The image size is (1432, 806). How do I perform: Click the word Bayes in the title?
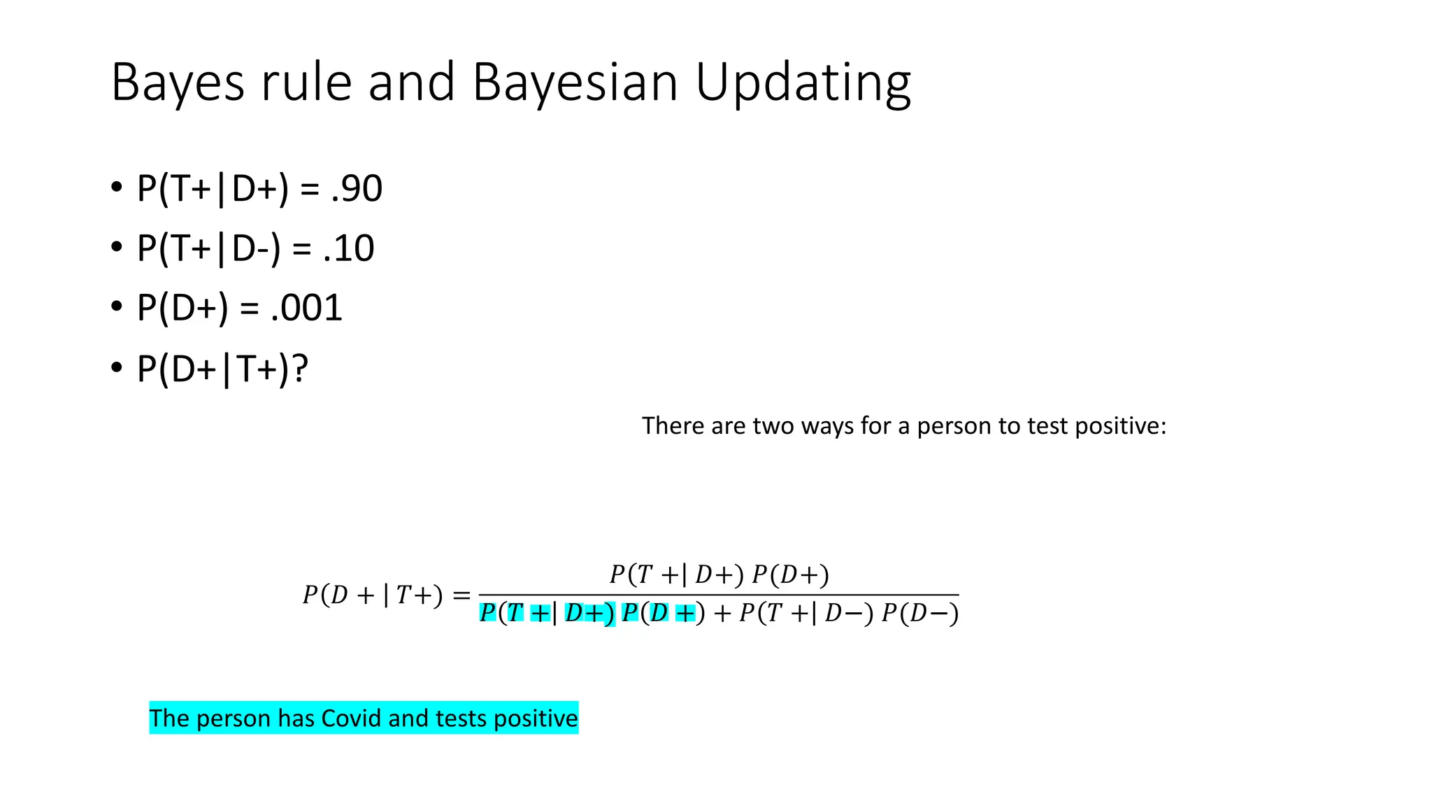[x=178, y=83]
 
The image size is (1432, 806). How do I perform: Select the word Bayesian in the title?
[x=575, y=83]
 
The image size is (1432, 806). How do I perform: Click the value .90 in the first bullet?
[x=357, y=188]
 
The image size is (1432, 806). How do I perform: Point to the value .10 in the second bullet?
[x=349, y=248]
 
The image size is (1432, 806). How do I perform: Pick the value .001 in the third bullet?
[x=307, y=308]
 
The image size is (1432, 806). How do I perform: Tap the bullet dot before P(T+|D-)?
[x=117, y=247]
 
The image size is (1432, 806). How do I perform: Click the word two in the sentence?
[x=775, y=425]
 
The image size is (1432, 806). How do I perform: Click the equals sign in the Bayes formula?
[x=461, y=595]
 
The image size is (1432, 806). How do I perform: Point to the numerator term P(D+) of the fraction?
[x=790, y=574]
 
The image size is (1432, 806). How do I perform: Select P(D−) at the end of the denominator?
[x=919, y=613]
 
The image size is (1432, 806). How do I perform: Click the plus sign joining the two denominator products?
[x=722, y=614]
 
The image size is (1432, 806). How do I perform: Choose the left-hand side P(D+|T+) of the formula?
[x=372, y=595]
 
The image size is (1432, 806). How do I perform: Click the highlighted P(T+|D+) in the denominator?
[x=547, y=613]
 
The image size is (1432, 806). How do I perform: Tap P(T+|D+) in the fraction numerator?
[x=676, y=574]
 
